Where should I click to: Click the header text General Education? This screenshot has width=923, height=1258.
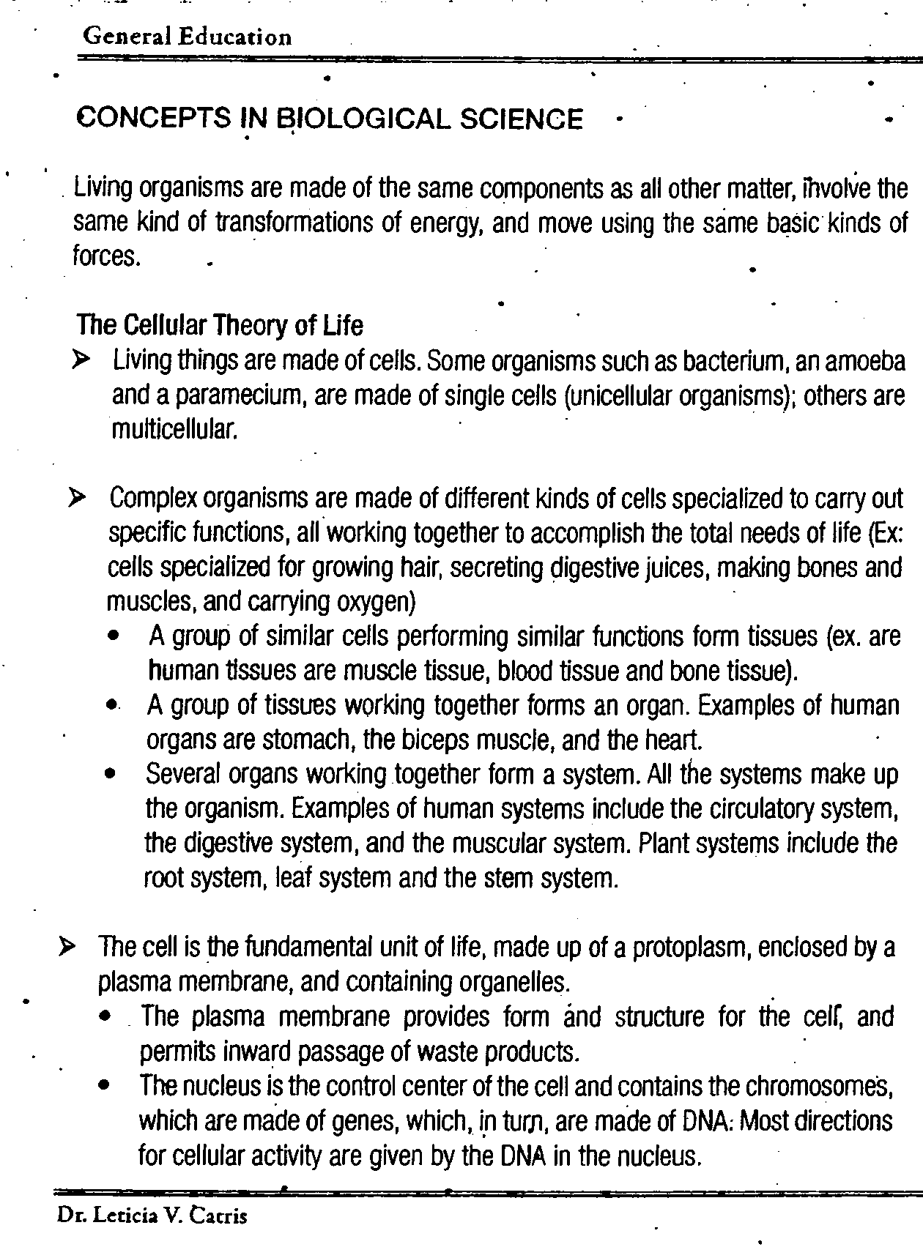click(188, 37)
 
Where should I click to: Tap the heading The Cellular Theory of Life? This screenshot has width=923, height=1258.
click(220, 324)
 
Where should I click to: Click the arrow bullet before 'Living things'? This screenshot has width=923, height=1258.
click(81, 360)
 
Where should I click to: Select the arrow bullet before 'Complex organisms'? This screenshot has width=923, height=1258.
click(77, 499)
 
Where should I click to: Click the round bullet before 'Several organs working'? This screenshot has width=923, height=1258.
click(111, 775)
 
